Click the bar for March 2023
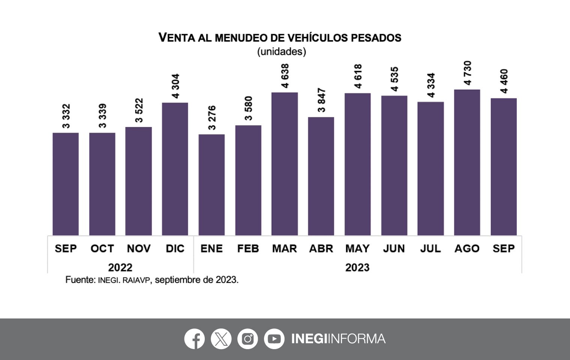(x=285, y=164)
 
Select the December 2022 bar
(x=175, y=169)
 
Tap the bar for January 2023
(x=211, y=184)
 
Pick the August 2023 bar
(x=467, y=162)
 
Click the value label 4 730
(x=467, y=73)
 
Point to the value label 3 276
(x=212, y=118)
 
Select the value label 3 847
(x=321, y=100)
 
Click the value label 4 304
(x=175, y=86)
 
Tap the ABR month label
(x=321, y=249)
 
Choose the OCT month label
(x=102, y=249)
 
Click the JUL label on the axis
(x=430, y=249)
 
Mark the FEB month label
(x=248, y=249)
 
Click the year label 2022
(x=120, y=267)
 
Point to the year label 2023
(x=357, y=267)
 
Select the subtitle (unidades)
(x=281, y=51)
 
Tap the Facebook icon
(x=194, y=339)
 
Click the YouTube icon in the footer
(x=274, y=339)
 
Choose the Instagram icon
(x=247, y=339)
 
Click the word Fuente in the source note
(x=79, y=280)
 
